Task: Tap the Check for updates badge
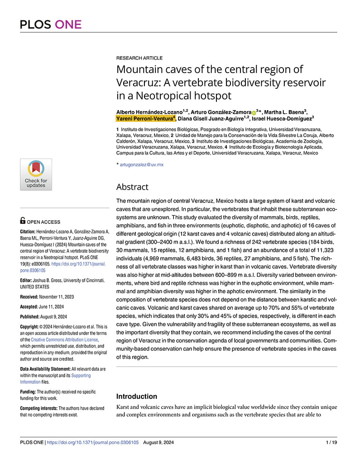(x=36, y=174)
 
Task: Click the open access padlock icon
(x=23, y=221)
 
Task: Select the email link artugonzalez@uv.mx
(x=141, y=164)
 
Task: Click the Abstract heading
(x=132, y=187)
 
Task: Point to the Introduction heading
(x=137, y=396)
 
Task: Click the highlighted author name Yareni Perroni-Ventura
(x=144, y=118)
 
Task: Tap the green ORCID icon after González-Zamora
(x=254, y=112)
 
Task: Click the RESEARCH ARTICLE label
(x=139, y=58)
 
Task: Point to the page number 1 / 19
(x=331, y=442)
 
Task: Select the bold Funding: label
(x=28, y=391)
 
